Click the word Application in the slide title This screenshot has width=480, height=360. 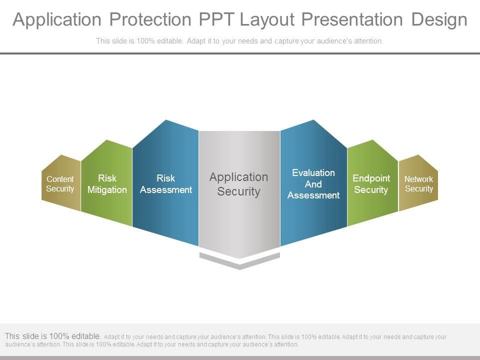pos(57,20)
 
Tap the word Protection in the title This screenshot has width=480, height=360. pos(150,19)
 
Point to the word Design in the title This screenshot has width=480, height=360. pos(439,20)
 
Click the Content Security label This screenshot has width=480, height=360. pos(60,183)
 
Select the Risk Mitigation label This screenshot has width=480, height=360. pos(107,183)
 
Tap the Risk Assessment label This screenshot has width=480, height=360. pos(166,183)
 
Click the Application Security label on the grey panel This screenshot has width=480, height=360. pos(239,184)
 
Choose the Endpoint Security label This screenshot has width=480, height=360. pos(371,183)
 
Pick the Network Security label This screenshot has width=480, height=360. pos(419,183)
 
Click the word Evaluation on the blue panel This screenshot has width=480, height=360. pos(313,172)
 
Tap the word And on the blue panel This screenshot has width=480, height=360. pos(313,184)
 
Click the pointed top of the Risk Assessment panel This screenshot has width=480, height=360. pos(166,120)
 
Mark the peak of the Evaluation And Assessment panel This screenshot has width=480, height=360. pos(313,120)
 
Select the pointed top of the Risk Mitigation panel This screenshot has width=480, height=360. pos(107,140)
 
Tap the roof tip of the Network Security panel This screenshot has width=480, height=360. pos(418,155)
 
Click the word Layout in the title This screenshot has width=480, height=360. pos(267,20)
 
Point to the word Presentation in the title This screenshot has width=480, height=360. pos(352,19)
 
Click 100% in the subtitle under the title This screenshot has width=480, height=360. pos(145,40)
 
